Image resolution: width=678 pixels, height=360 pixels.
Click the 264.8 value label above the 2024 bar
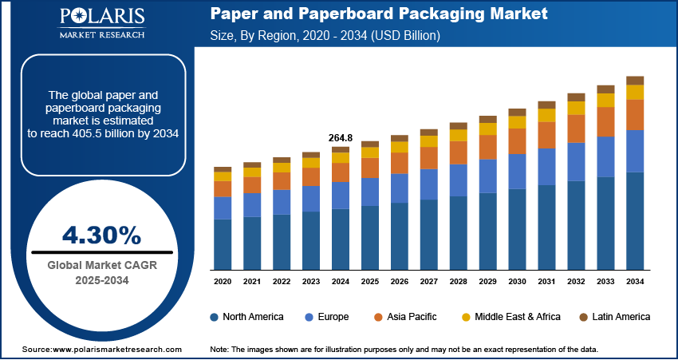pyautogui.click(x=341, y=138)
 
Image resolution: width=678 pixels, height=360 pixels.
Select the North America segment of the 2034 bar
pyautogui.click(x=635, y=220)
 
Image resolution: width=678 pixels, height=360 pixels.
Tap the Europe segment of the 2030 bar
pyautogui.click(x=518, y=171)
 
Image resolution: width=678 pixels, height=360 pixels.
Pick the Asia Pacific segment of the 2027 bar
pyautogui.click(x=429, y=158)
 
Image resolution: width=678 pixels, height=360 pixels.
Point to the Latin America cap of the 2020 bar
pyautogui.click(x=223, y=169)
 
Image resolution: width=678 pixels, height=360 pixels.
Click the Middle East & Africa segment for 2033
pyautogui.click(x=605, y=101)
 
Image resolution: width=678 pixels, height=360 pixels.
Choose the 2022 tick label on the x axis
pyautogui.click(x=282, y=282)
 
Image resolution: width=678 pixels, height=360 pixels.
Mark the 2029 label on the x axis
pyautogui.click(x=488, y=282)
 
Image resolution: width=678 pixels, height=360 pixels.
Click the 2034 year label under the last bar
pyautogui.click(x=635, y=282)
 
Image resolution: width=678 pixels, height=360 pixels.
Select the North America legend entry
pyautogui.click(x=246, y=317)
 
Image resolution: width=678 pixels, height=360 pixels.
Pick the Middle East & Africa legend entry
pyautogui.click(x=511, y=317)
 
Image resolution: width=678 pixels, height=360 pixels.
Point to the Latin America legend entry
pyautogui.click(x=614, y=317)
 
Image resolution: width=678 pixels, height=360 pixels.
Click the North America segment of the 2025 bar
pyautogui.click(x=370, y=238)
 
